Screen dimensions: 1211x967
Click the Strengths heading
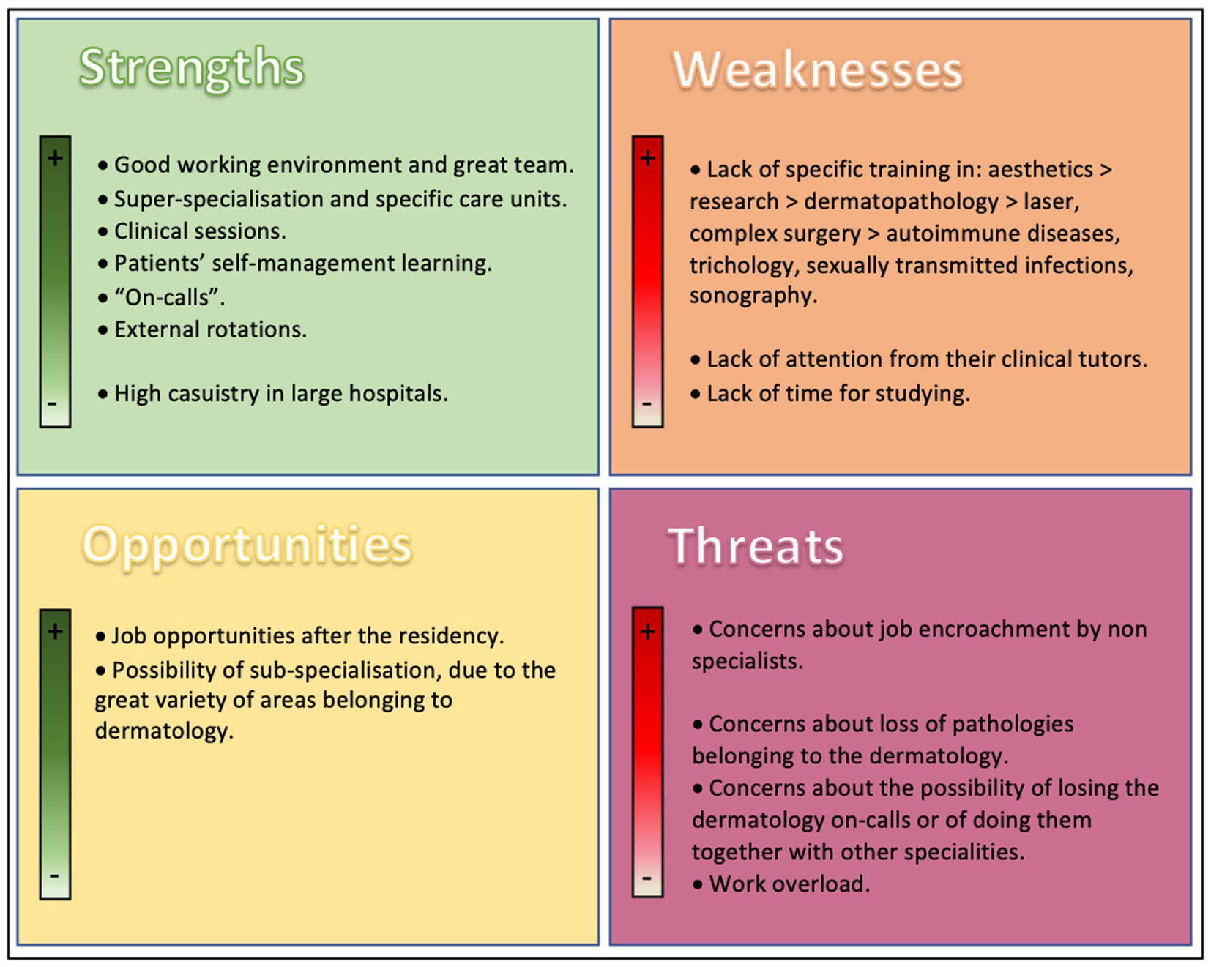[191, 69]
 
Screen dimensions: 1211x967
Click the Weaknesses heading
[818, 70]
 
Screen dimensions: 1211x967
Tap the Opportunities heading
[247, 545]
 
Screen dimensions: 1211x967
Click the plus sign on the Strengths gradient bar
[55, 157]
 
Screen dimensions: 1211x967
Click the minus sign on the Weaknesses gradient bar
[647, 403]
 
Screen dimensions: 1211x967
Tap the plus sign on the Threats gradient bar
[647, 631]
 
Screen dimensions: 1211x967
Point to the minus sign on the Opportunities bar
[54, 875]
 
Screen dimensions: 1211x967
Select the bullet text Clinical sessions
[200, 231]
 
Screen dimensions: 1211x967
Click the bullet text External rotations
[210, 329]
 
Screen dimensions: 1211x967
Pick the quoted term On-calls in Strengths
[170, 297]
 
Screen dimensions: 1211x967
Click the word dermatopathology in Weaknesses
[901, 202]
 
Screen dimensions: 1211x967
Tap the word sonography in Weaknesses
[753, 296]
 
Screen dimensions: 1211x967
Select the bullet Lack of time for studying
[838, 395]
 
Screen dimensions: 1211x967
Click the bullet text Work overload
[789, 884]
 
